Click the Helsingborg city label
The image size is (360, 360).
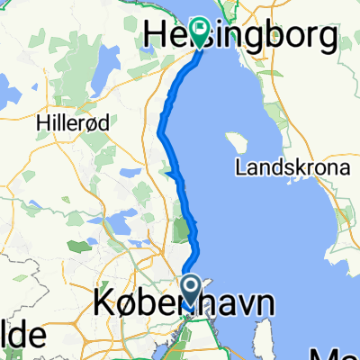[243, 35]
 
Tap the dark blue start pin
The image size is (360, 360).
[192, 291]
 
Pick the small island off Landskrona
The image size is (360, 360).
[237, 142]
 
